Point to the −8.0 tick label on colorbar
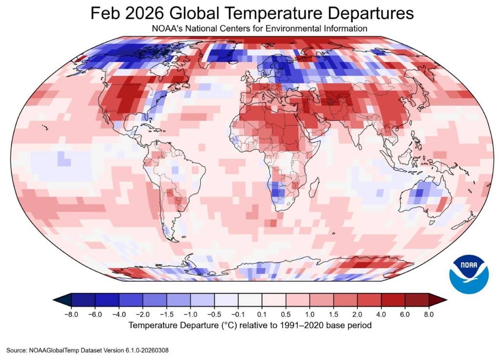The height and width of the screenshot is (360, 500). tap(71, 315)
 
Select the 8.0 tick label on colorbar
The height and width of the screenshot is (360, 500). tap(429, 315)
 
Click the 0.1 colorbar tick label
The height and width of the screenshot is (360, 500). tap(262, 315)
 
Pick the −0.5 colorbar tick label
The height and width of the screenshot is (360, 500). tap(214, 315)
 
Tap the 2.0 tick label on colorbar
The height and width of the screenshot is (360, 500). tap(357, 315)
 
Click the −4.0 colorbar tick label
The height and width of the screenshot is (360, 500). tap(119, 315)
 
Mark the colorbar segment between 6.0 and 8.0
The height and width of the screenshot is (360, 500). tap(417, 300)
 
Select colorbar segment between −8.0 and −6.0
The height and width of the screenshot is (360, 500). tap(83, 300)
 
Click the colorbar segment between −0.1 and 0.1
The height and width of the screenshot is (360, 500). tap(250, 300)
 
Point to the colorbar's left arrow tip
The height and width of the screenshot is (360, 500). tap(54, 300)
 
